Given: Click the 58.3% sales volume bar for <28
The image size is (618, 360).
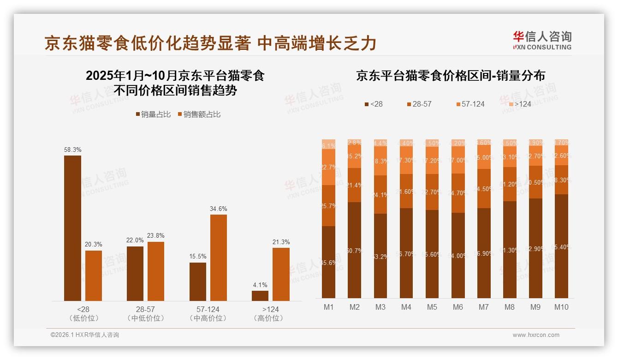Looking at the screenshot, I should coord(72,228).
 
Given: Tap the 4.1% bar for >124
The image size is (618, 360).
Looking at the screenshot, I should coord(260,295).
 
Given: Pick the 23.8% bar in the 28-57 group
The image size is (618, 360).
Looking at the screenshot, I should coord(156,271).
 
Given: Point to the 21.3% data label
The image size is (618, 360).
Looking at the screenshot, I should coord(281,242).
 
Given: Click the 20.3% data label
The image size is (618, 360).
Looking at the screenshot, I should coord(94,245).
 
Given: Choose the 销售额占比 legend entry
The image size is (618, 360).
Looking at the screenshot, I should coord(199,114).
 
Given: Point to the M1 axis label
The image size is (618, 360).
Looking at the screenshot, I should coord(328,307).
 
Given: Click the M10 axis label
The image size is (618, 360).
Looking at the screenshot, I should coord(561,307).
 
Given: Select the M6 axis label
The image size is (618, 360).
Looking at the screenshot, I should coord(458,307).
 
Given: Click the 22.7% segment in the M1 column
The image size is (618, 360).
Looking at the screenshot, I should coord(328,167).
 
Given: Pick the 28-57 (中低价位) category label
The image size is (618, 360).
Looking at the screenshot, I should coord(145,313).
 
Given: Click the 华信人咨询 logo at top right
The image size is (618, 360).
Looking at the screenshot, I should coord(542,40).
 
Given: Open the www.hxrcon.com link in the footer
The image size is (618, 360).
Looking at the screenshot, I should coord(535,335).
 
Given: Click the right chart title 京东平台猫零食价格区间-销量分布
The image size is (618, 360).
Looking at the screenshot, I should coord(450,76).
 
